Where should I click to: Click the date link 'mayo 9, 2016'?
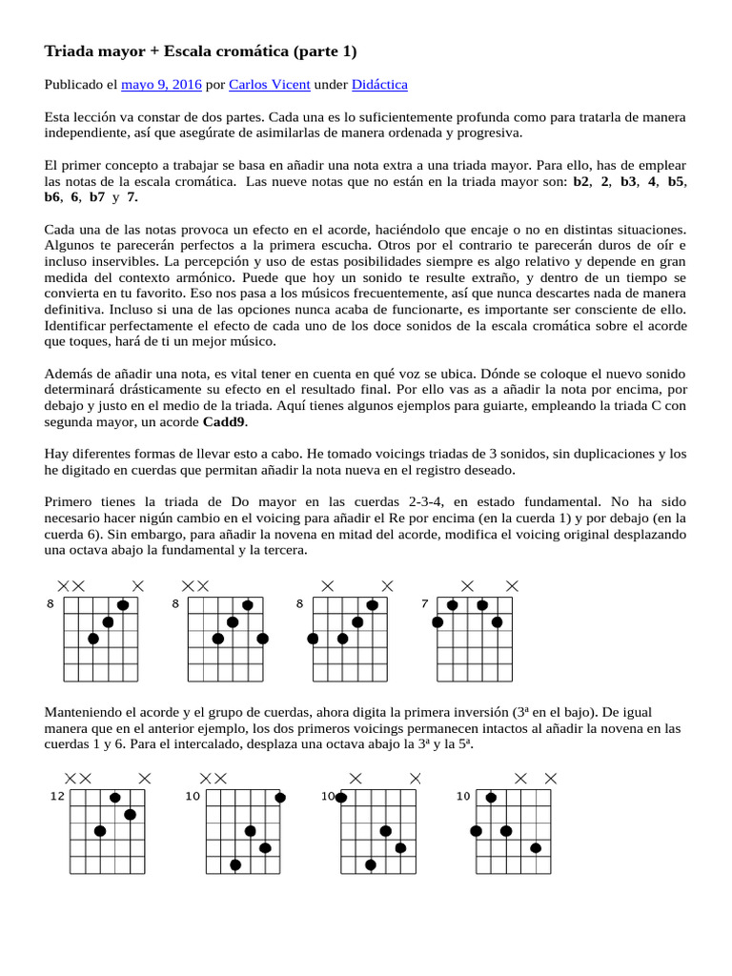(x=161, y=85)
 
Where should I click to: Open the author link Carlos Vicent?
(x=270, y=85)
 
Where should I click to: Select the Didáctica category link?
(x=379, y=85)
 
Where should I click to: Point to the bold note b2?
(x=581, y=180)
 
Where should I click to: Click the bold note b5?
(x=676, y=180)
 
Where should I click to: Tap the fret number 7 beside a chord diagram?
(x=424, y=603)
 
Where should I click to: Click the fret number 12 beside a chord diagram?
(x=58, y=796)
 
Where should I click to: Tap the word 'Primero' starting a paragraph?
(x=71, y=501)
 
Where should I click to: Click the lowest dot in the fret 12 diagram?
(x=99, y=831)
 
